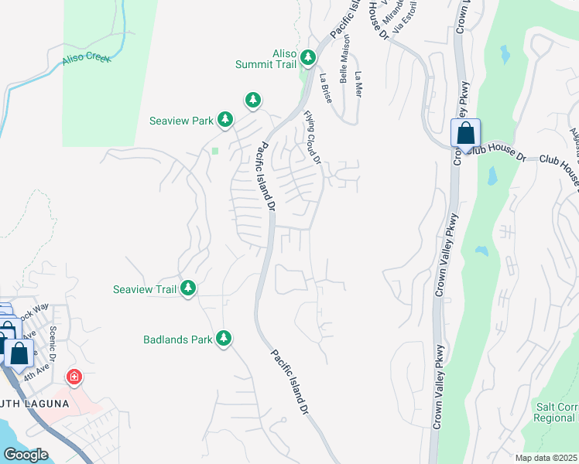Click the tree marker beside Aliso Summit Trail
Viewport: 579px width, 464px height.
coord(308,58)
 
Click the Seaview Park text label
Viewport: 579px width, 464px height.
coord(180,121)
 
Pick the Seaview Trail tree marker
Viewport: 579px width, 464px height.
coord(187,288)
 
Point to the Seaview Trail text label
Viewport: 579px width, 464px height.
coord(145,289)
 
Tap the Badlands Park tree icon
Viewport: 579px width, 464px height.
coord(224,339)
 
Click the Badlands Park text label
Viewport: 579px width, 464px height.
coord(177,339)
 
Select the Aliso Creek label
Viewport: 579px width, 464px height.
coord(84,59)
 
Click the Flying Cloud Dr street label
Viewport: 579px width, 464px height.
coord(312,138)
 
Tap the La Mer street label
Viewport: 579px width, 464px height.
coord(357,83)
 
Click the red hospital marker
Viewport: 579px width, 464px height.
coord(74,377)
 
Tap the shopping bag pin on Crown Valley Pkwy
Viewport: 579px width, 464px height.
coord(465,133)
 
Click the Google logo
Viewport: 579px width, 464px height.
coord(26,455)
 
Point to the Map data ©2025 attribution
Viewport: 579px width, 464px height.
coord(546,458)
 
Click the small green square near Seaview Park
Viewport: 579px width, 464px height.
coord(216,150)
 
